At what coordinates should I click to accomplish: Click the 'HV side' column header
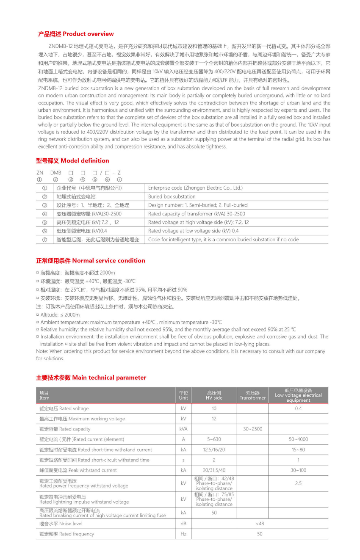(214, 395)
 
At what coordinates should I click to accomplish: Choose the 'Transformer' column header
(252, 395)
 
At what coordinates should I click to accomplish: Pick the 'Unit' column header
(183, 395)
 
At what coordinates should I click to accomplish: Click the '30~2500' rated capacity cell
(252, 429)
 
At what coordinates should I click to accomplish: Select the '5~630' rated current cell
(214, 439)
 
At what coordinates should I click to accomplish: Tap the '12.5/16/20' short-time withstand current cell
(214, 450)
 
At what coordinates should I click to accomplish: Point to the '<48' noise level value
(260, 524)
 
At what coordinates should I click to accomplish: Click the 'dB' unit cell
(183, 524)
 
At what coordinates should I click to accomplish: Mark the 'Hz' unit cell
(183, 534)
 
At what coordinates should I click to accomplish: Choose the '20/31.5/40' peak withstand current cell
(214, 470)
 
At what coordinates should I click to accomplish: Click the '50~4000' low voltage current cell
(298, 439)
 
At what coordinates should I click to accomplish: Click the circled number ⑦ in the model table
(44, 240)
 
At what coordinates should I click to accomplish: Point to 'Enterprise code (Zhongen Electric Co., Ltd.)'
(195, 188)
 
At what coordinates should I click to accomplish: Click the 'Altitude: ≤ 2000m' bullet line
(59, 315)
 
